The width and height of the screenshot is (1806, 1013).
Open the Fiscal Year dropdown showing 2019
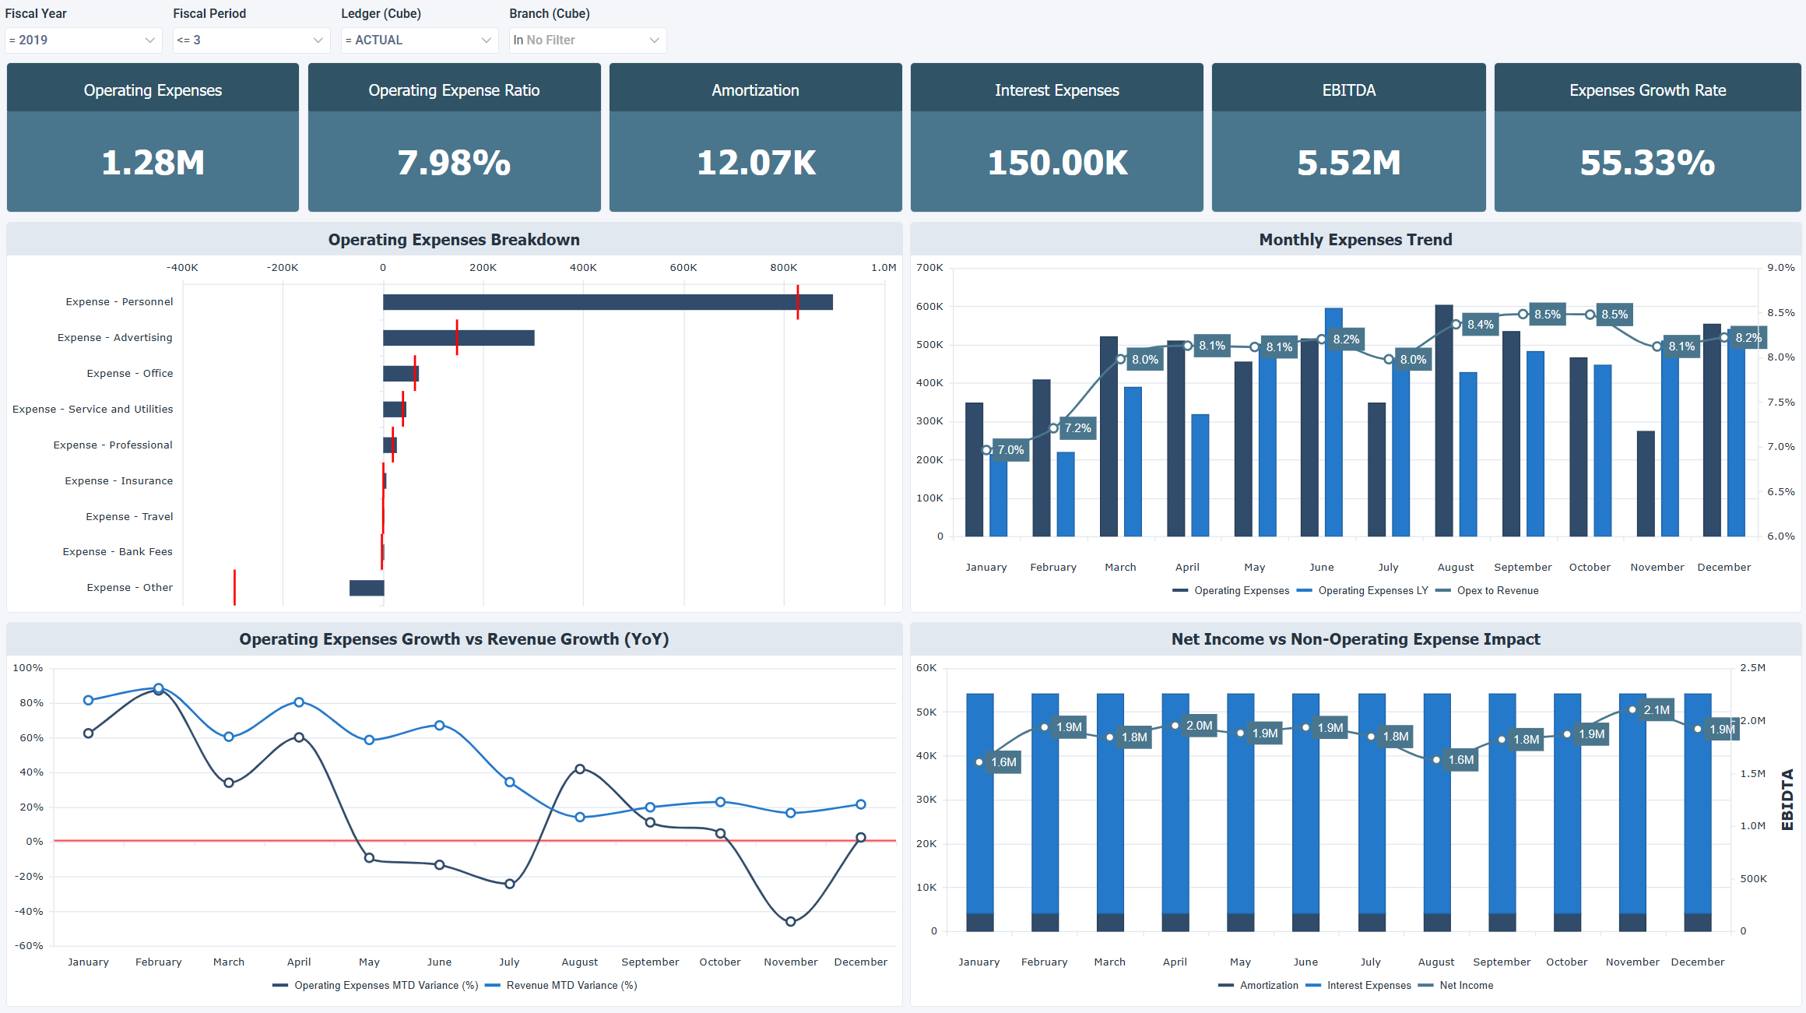coord(83,40)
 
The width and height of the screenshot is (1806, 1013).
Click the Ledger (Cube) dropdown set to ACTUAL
coord(419,40)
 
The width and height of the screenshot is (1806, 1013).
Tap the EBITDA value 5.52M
coord(1348,163)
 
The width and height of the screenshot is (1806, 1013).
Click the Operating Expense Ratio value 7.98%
coord(454,163)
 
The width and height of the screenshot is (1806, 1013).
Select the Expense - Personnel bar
coord(607,302)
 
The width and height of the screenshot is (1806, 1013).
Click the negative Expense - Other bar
coord(367,588)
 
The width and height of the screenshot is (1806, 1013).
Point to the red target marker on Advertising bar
coord(457,337)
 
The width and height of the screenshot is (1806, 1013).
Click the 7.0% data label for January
coord(1010,450)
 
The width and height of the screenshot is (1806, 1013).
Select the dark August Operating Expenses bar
coord(1443,420)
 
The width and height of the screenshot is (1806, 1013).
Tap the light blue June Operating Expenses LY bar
coord(1333,422)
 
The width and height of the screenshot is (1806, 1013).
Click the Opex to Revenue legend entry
coord(1497,591)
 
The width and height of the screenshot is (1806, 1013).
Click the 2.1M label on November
coord(1656,710)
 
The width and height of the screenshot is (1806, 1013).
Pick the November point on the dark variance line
coord(790,922)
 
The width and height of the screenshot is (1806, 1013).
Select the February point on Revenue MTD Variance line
coord(159,688)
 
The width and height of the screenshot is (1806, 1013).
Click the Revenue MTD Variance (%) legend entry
coord(571,986)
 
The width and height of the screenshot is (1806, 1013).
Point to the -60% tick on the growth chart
coord(30,946)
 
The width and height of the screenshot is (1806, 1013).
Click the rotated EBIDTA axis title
coord(1787,800)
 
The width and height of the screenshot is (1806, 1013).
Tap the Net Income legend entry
coord(1466,986)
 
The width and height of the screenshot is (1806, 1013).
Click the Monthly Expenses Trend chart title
coord(1355,240)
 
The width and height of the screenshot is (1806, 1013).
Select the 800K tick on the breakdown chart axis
coord(783,268)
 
